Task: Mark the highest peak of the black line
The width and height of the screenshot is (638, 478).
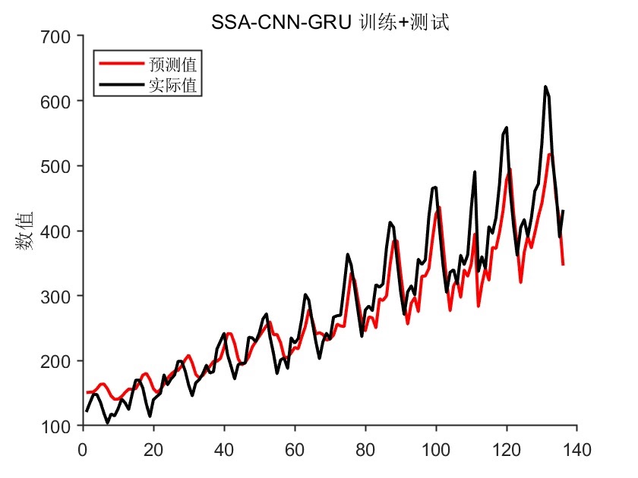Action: [x=545, y=87]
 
